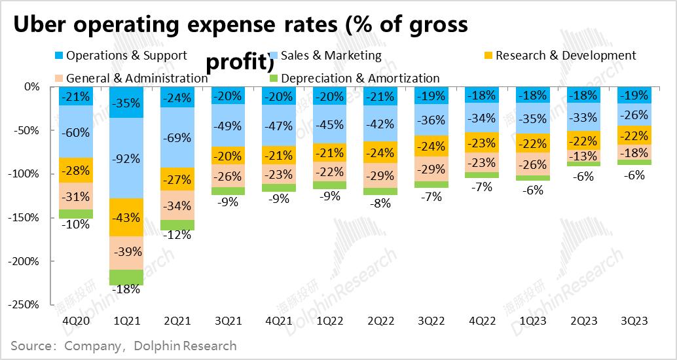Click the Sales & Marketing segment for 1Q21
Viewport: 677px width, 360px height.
[126, 157]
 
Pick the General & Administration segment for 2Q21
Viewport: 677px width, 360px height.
[177, 205]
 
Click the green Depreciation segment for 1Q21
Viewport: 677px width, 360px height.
[126, 277]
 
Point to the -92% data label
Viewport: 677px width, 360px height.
[126, 158]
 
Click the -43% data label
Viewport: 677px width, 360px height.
[126, 217]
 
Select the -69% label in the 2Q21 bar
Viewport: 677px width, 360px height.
[177, 138]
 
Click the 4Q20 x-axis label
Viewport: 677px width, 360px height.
[76, 321]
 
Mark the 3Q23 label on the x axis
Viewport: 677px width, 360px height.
[634, 321]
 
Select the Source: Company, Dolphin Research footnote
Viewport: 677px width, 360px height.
[124, 345]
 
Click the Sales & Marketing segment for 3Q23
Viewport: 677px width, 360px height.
[634, 115]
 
